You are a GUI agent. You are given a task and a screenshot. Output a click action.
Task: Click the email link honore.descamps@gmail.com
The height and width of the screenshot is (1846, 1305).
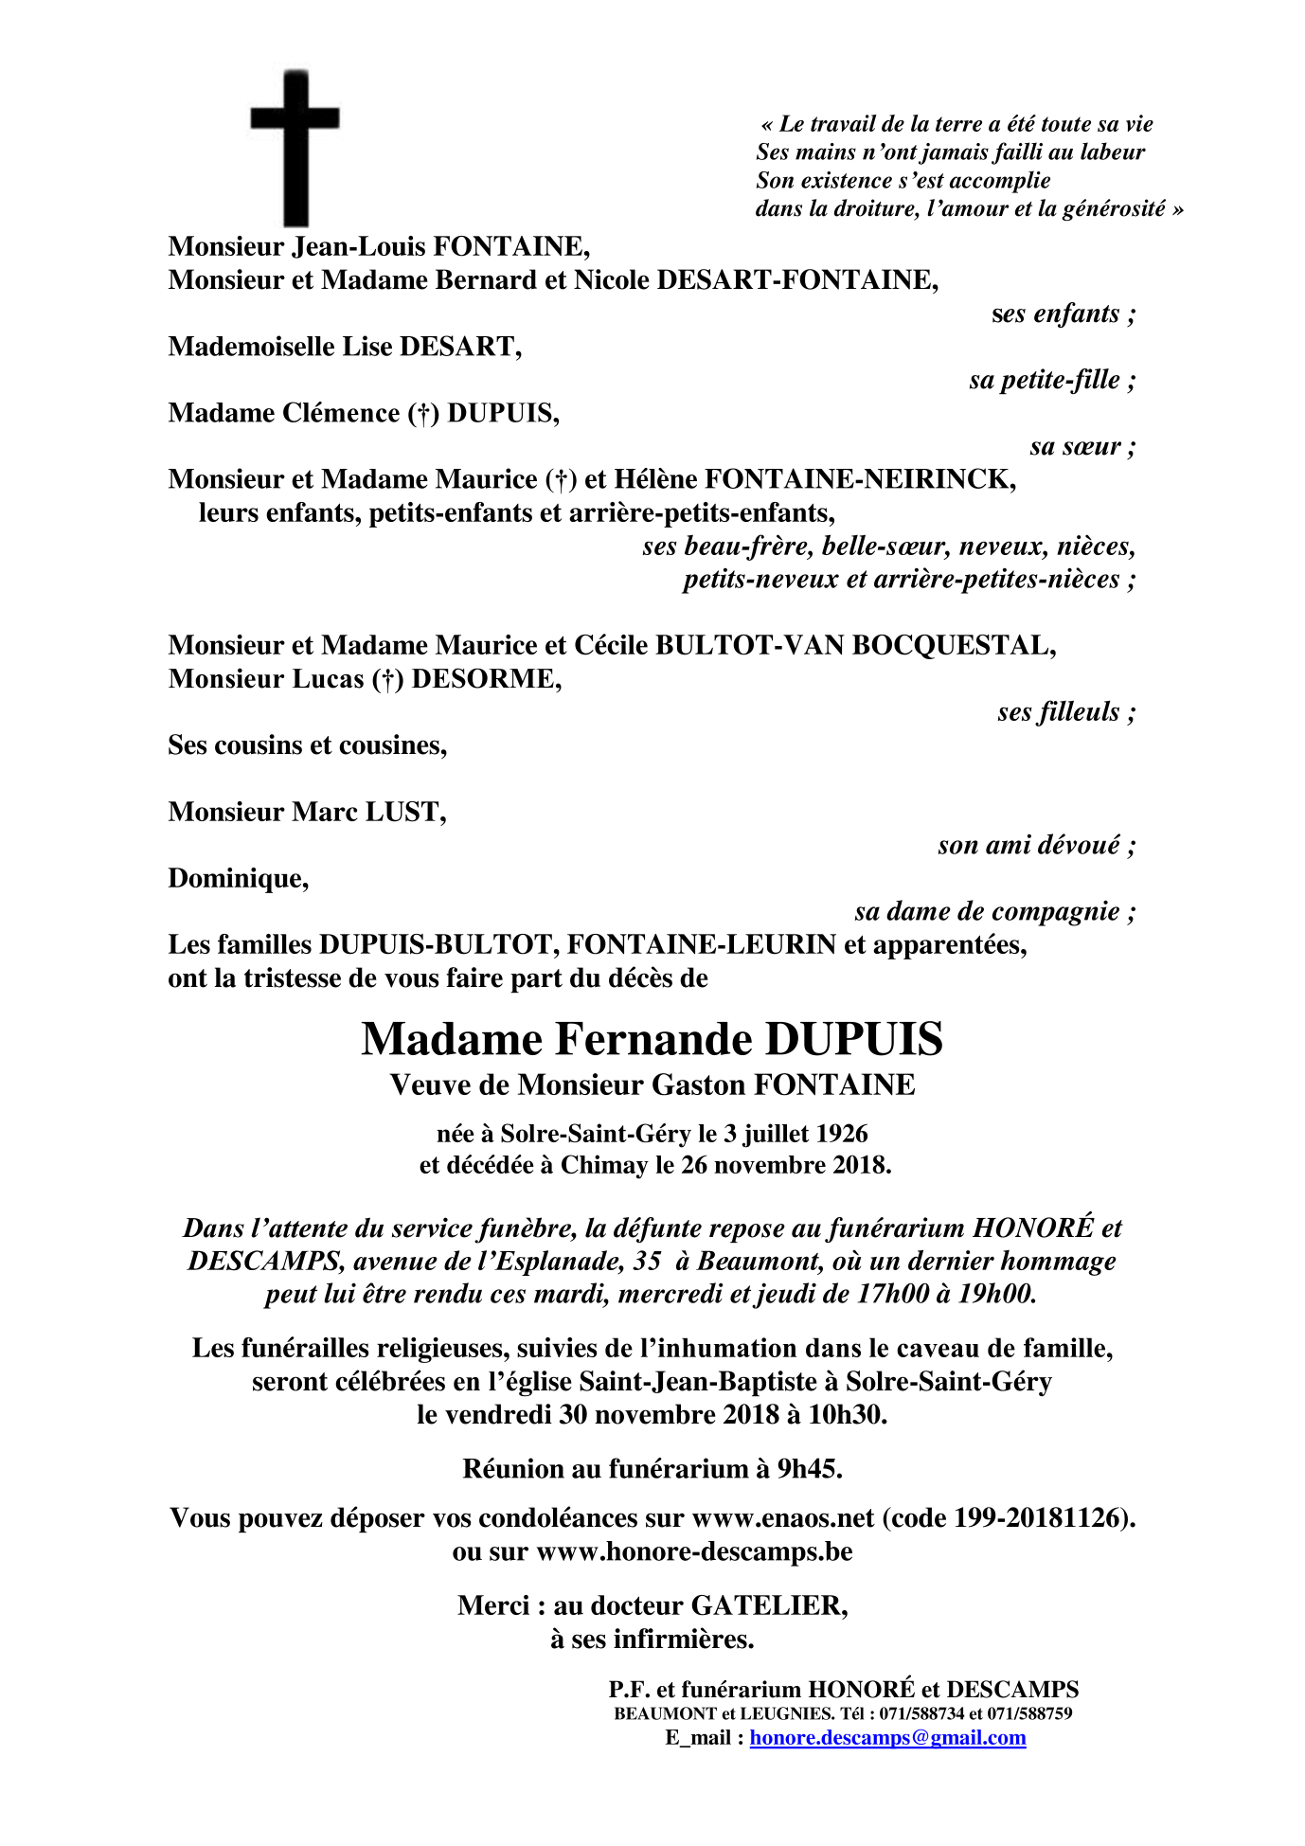pyautogui.click(x=887, y=1738)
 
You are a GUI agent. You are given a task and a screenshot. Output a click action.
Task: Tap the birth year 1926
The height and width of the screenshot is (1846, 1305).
pyautogui.click(x=841, y=1133)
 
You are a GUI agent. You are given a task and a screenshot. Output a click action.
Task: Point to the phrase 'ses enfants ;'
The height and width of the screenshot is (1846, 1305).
pyautogui.click(x=1064, y=314)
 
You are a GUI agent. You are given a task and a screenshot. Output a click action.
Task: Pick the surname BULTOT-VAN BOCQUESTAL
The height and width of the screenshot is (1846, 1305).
pyautogui.click(x=854, y=646)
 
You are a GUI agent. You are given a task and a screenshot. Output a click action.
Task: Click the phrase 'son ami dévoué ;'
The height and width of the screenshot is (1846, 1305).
pyautogui.click(x=1036, y=845)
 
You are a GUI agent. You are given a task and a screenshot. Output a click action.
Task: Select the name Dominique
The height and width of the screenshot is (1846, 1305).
pyautogui.click(x=238, y=879)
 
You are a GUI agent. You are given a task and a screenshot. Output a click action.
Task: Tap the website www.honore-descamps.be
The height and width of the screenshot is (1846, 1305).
pyautogui.click(x=694, y=1551)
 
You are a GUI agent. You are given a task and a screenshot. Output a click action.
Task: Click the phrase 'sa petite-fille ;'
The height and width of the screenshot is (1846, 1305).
pyautogui.click(x=1052, y=381)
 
